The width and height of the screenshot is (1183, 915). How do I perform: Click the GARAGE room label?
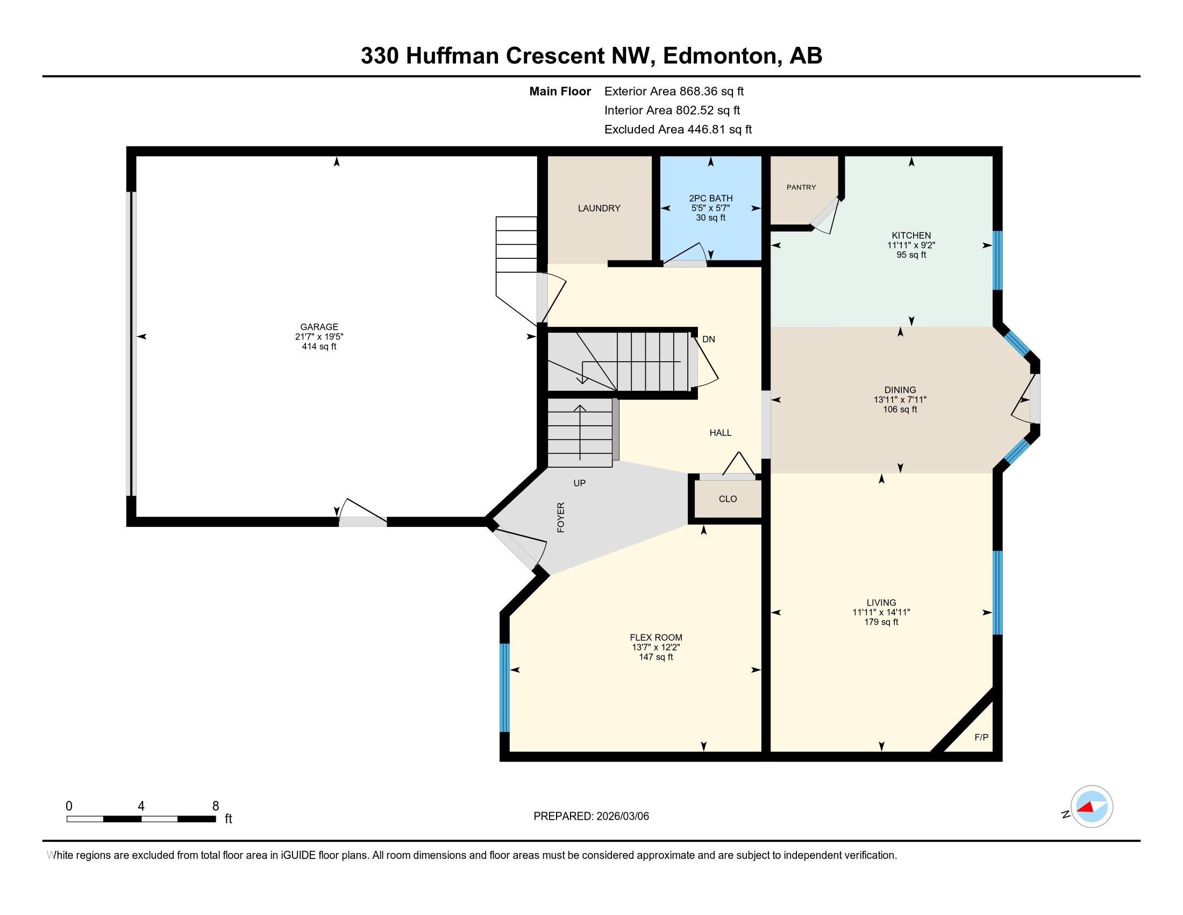click(319, 327)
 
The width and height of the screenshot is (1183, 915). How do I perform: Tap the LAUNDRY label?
click(599, 208)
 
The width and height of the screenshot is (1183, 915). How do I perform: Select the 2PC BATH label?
click(711, 199)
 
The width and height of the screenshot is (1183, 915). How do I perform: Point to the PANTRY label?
click(801, 187)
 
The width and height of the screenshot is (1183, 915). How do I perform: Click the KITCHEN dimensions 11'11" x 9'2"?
click(911, 245)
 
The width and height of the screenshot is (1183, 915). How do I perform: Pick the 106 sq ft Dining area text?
click(900, 409)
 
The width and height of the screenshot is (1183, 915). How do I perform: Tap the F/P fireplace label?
click(981, 737)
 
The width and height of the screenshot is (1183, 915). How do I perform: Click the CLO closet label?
click(728, 499)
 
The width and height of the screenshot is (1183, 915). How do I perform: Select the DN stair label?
click(709, 339)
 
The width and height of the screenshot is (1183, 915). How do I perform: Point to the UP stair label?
click(580, 483)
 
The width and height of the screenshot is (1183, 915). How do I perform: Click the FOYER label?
click(561, 517)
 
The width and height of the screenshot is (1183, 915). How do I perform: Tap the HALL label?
click(721, 433)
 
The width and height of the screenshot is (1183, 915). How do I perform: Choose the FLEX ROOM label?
click(656, 637)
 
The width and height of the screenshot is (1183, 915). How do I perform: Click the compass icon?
click(1092, 807)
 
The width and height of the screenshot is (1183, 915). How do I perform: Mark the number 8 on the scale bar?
click(216, 806)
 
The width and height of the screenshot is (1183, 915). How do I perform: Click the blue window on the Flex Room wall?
click(505, 687)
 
